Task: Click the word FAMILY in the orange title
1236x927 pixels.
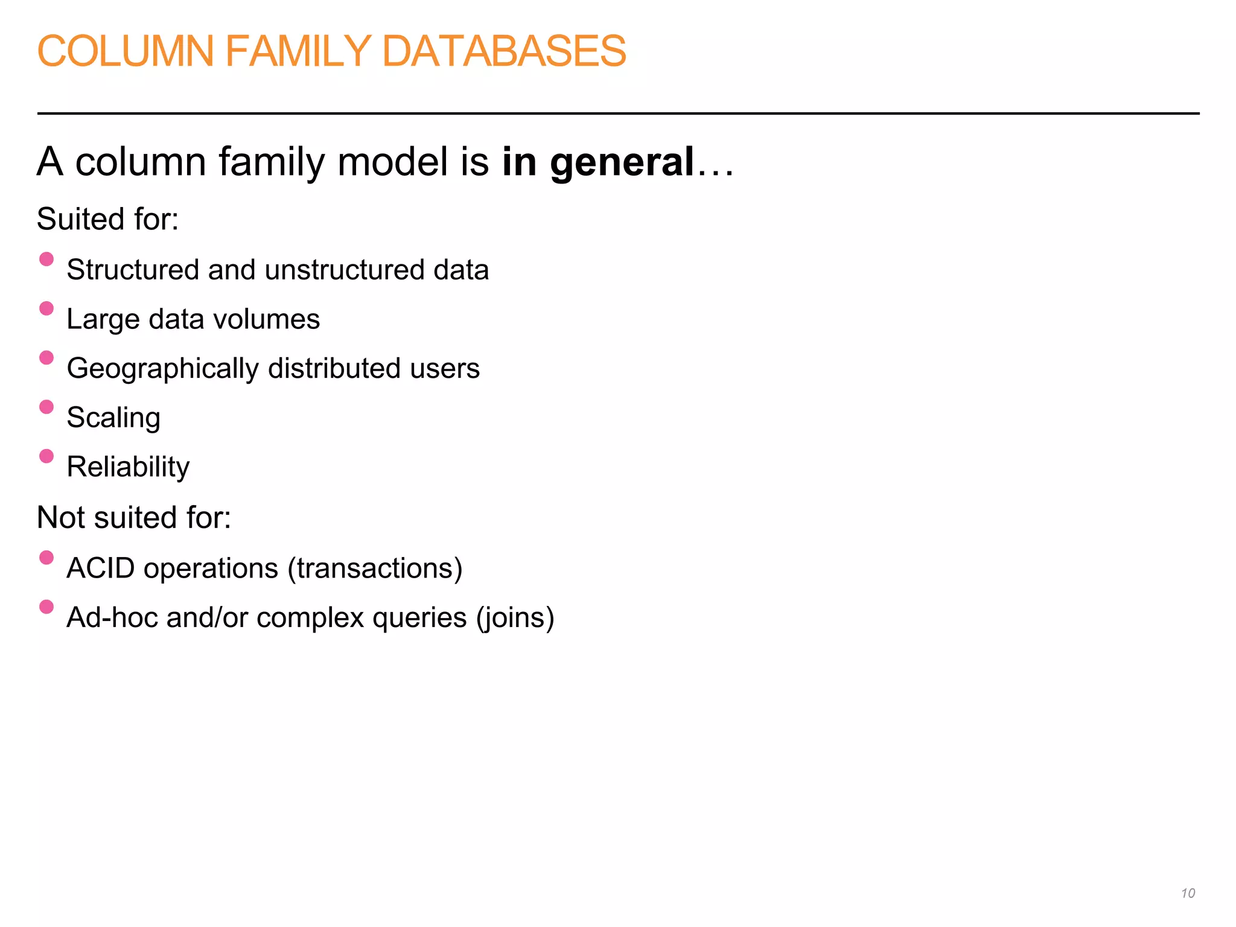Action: click(x=298, y=51)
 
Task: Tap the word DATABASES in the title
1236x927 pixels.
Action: click(x=504, y=51)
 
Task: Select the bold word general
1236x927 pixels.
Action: click(x=622, y=163)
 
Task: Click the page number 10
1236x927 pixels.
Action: click(x=1188, y=893)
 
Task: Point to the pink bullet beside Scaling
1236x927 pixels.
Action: click(x=46, y=407)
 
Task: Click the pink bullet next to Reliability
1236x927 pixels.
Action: click(x=46, y=456)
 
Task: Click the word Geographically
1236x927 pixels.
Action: click(x=162, y=369)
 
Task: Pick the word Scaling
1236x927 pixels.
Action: click(x=113, y=418)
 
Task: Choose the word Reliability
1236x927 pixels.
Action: click(x=128, y=467)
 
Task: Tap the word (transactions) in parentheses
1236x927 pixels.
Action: click(x=375, y=569)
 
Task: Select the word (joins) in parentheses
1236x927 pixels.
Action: click(x=515, y=618)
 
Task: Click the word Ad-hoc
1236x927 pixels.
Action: click(x=112, y=618)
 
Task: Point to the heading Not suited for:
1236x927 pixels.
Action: click(x=134, y=518)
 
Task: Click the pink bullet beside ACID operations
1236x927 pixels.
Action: click(x=46, y=557)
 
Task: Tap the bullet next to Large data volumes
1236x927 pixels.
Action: click(x=46, y=308)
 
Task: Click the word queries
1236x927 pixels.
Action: click(x=419, y=618)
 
